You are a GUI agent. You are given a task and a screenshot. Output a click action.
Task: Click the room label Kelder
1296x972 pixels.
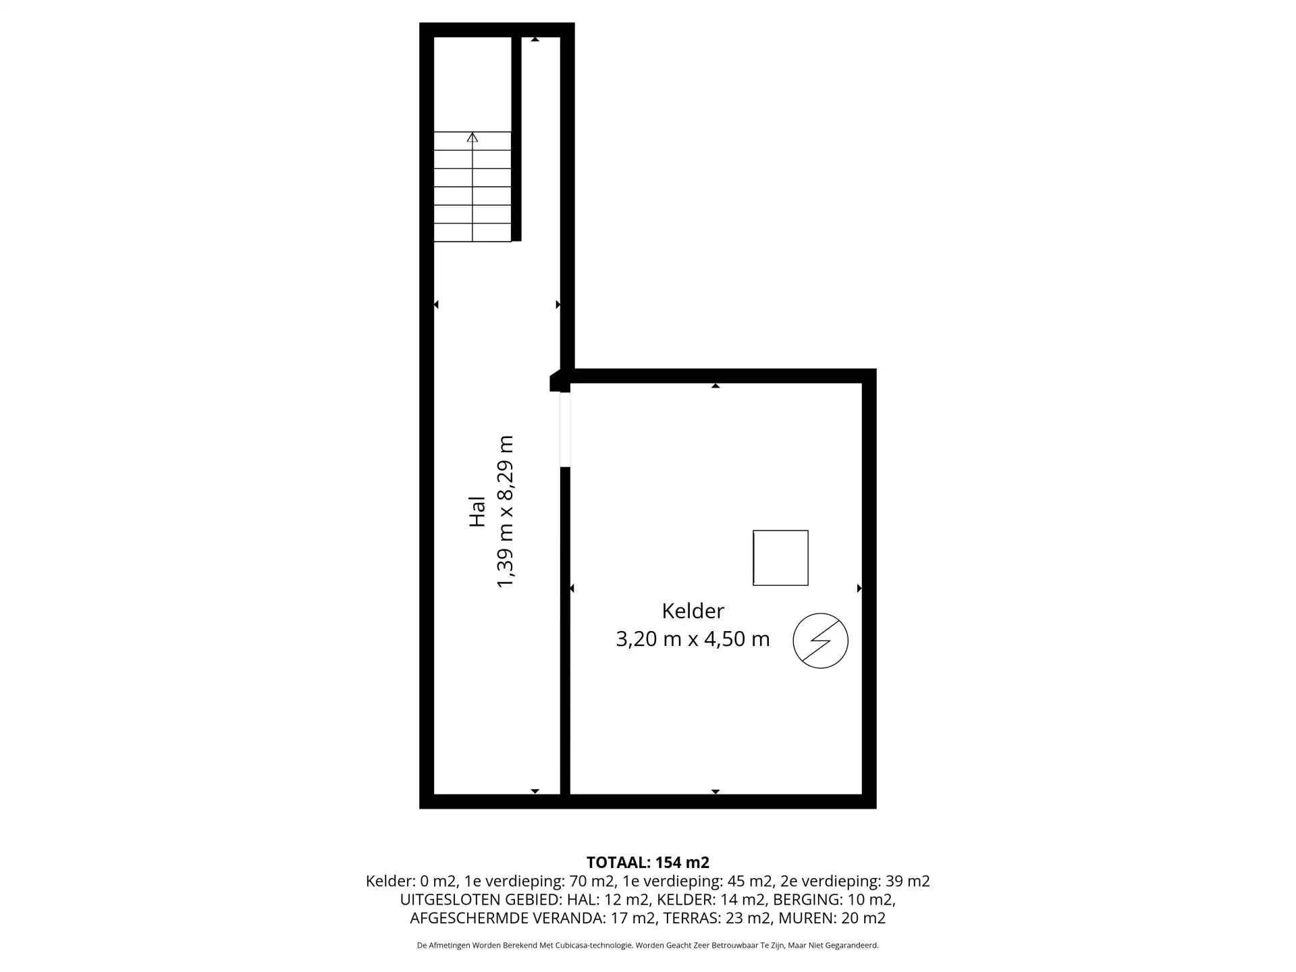[693, 611]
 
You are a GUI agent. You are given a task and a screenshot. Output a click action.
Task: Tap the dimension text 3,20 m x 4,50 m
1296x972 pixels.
[693, 639]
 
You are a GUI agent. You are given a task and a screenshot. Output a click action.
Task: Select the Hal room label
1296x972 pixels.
[477, 512]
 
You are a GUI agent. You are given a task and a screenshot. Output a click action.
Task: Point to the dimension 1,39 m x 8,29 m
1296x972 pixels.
[505, 512]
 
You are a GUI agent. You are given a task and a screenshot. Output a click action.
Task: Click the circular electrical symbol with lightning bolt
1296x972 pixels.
[820, 641]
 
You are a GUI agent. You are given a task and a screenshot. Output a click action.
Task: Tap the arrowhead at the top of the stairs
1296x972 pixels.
[473, 137]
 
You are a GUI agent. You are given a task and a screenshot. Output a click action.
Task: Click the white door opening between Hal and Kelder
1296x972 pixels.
[565, 429]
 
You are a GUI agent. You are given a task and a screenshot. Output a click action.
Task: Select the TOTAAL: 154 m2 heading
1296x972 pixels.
[648, 862]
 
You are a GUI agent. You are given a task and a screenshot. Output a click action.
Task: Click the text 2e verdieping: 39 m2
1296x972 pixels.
[855, 881]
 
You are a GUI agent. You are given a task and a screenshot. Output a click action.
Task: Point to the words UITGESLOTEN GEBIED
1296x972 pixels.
[481, 900]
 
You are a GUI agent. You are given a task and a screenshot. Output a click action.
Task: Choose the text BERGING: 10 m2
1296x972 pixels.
[834, 900]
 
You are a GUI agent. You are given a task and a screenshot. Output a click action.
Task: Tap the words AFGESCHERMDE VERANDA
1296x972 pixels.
[506, 918]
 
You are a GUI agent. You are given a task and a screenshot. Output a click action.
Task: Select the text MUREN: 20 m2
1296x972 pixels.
[832, 918]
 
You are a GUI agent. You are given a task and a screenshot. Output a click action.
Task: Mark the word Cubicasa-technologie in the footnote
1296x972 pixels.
[594, 946]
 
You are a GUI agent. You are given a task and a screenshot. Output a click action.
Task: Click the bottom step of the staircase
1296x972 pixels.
[473, 232]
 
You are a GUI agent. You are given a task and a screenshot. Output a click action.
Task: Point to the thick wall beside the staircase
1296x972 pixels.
[516, 139]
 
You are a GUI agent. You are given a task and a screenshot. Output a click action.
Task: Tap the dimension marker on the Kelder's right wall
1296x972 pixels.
[859, 589]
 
